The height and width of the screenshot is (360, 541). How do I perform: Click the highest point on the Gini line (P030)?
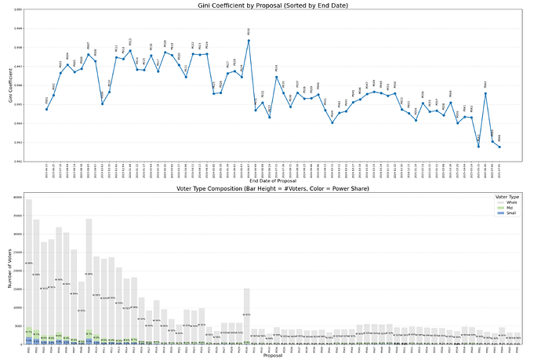[249, 40]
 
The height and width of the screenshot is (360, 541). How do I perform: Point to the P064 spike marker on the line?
[485, 93]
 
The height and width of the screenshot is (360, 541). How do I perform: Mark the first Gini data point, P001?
[46, 109]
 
